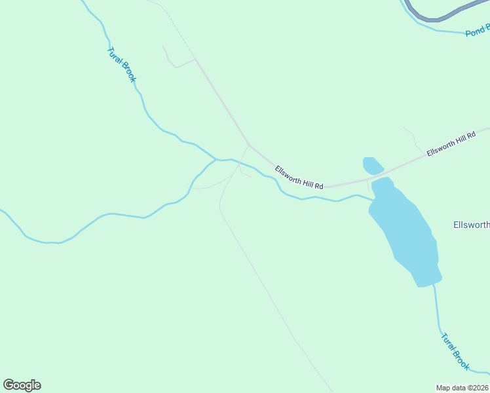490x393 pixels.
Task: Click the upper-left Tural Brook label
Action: coord(121,64)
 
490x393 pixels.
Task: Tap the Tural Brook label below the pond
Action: coord(455,351)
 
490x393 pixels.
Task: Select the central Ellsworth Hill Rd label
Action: coord(299,178)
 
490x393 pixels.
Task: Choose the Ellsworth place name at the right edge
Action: coord(471,225)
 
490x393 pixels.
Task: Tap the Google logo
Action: coord(22,385)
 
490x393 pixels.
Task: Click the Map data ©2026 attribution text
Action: coord(462,388)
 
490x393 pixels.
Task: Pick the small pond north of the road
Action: coord(372,165)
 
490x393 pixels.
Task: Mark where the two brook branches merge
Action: coord(216,159)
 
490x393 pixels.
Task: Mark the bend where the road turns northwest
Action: coord(249,145)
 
